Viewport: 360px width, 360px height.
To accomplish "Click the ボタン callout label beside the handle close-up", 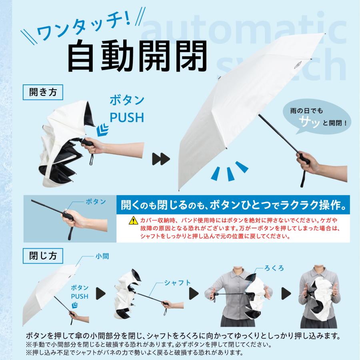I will click(x=96, y=202).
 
